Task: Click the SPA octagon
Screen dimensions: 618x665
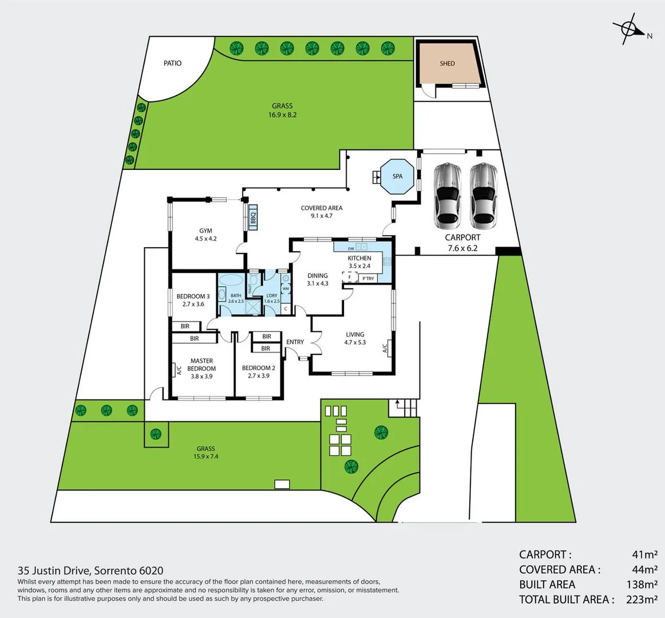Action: [397, 176]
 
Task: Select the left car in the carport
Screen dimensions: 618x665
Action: [447, 195]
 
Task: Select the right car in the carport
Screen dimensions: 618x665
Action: [484, 195]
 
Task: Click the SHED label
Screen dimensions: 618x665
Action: [447, 64]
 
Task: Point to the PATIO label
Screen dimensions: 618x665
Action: [172, 63]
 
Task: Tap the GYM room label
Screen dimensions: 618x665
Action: [205, 231]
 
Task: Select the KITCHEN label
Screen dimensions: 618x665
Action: [359, 258]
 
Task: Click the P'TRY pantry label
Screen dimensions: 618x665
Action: [368, 279]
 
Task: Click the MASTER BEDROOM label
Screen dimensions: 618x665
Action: [201, 365]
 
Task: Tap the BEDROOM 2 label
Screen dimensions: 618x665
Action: [258, 368]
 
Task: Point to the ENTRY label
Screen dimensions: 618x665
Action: [295, 342]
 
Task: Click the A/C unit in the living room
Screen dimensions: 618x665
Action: [386, 347]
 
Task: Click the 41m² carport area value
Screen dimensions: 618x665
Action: [644, 554]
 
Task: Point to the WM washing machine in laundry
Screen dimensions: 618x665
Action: [285, 288]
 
